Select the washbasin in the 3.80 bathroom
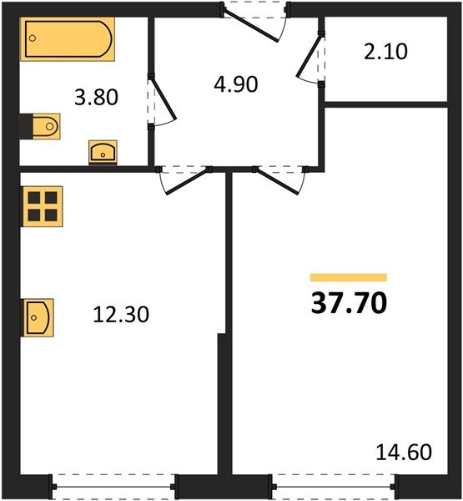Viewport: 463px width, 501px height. (103, 152)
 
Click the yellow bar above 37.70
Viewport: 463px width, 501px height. (348, 277)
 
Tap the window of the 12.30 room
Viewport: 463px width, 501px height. (113, 483)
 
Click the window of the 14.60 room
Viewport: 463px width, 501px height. (333, 483)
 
